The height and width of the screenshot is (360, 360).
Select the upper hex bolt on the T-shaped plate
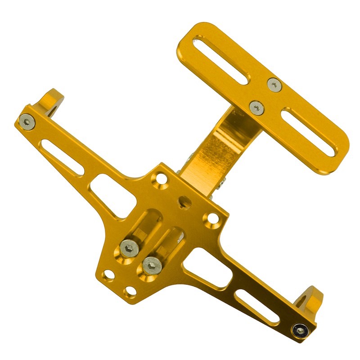coord(274,84)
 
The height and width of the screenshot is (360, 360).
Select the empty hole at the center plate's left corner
coord(108,274)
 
